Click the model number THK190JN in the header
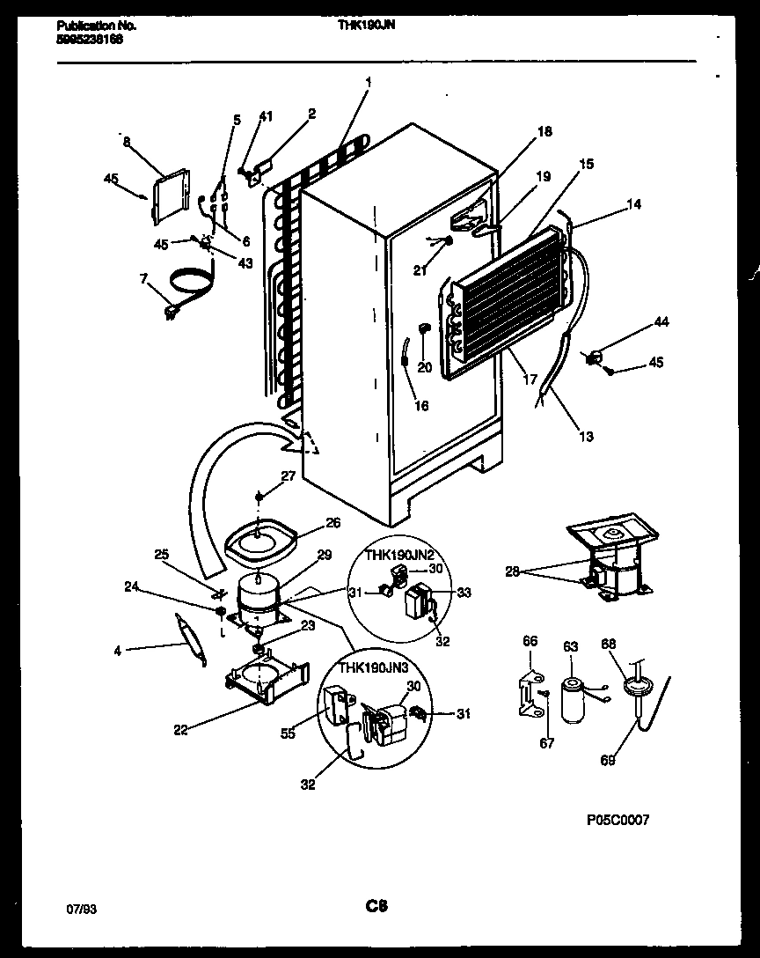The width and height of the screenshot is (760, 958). tap(367, 26)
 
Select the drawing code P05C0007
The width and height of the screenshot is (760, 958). tap(617, 820)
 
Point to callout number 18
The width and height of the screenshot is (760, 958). tap(544, 132)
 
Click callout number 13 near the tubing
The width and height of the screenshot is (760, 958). tap(586, 436)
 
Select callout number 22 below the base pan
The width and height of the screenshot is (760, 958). tap(180, 728)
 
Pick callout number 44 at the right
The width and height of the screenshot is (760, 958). tap(660, 322)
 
